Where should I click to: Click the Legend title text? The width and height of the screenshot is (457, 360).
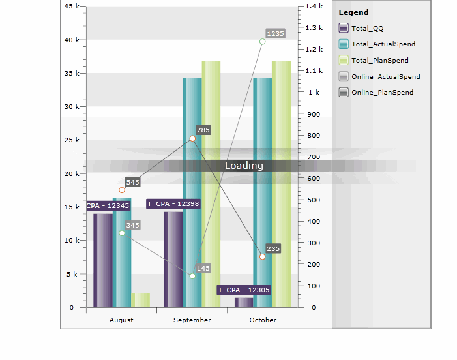353,12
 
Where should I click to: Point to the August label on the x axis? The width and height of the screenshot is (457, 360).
121,320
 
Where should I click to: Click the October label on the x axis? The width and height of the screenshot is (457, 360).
263,320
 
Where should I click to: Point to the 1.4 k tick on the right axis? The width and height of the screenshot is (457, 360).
314,6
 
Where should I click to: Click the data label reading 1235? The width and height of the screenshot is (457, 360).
276,33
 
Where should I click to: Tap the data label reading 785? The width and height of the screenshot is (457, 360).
203,130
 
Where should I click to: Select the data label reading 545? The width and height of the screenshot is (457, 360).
133,182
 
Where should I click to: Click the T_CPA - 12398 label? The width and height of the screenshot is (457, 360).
173,203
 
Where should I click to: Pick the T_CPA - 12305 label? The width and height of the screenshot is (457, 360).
244,290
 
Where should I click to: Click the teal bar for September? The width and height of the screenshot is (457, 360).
192,196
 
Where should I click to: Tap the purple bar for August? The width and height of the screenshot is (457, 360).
103,261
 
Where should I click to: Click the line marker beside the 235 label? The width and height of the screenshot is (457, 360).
262,256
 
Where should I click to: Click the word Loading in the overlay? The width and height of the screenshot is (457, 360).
244,166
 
